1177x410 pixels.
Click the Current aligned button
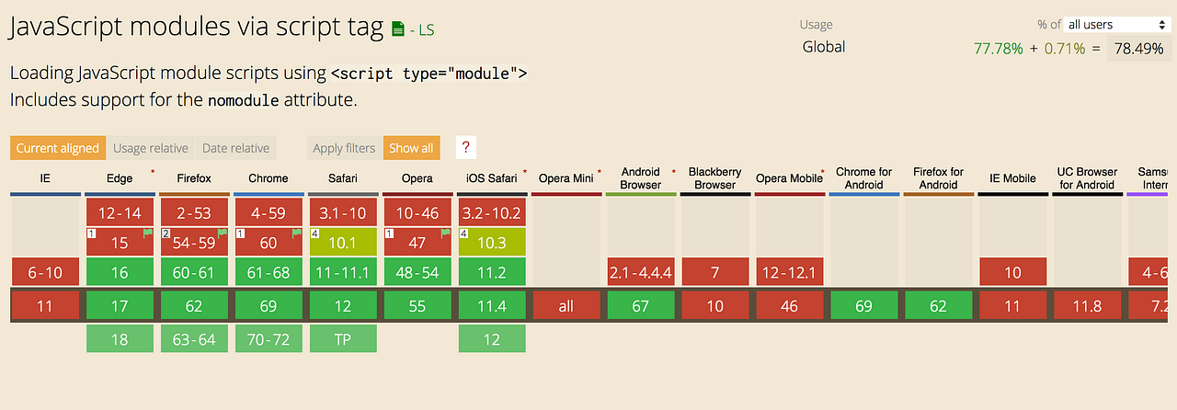(x=57, y=148)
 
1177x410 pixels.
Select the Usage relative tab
(x=151, y=148)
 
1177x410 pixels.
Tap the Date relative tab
(x=235, y=148)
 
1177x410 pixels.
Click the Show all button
(x=411, y=148)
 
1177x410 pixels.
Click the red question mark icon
(x=466, y=147)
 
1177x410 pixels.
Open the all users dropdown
(x=1115, y=25)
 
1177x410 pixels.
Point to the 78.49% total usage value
(x=1138, y=49)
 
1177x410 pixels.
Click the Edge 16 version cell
(x=120, y=272)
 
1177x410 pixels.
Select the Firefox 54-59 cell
(x=195, y=243)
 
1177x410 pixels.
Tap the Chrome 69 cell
(x=269, y=306)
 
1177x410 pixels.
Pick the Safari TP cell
(x=343, y=339)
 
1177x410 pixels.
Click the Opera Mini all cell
(x=566, y=306)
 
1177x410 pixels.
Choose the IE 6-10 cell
(x=45, y=272)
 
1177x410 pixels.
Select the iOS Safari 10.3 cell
(x=492, y=243)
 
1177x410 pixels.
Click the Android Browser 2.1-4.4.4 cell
(x=641, y=272)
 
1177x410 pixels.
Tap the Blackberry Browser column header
(x=715, y=178)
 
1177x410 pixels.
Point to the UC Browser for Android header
(x=1087, y=178)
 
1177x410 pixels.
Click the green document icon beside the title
(x=397, y=29)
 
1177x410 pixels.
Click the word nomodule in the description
(x=243, y=100)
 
